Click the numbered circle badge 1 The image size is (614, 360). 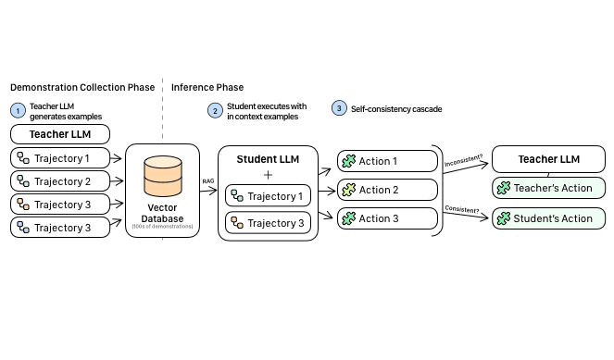18,110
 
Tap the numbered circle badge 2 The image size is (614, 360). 215,110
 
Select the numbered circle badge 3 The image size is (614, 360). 339,109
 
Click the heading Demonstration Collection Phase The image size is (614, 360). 82,87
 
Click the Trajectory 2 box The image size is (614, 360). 60,181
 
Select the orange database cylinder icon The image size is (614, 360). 163,175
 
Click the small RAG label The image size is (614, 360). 208,182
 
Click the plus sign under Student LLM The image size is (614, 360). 269,175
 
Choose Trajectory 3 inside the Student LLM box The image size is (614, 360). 269,223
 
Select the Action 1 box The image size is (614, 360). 386,161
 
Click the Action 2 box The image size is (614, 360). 386,190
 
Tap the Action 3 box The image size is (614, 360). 386,218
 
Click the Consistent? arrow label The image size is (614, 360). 463,210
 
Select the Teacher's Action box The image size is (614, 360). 548,189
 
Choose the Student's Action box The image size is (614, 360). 548,218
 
